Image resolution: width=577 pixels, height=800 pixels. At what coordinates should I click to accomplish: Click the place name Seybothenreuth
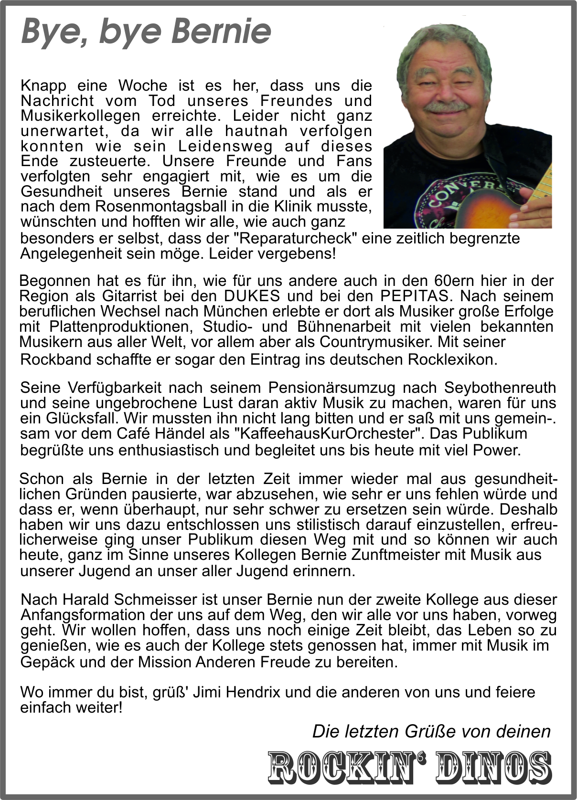[500, 387]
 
